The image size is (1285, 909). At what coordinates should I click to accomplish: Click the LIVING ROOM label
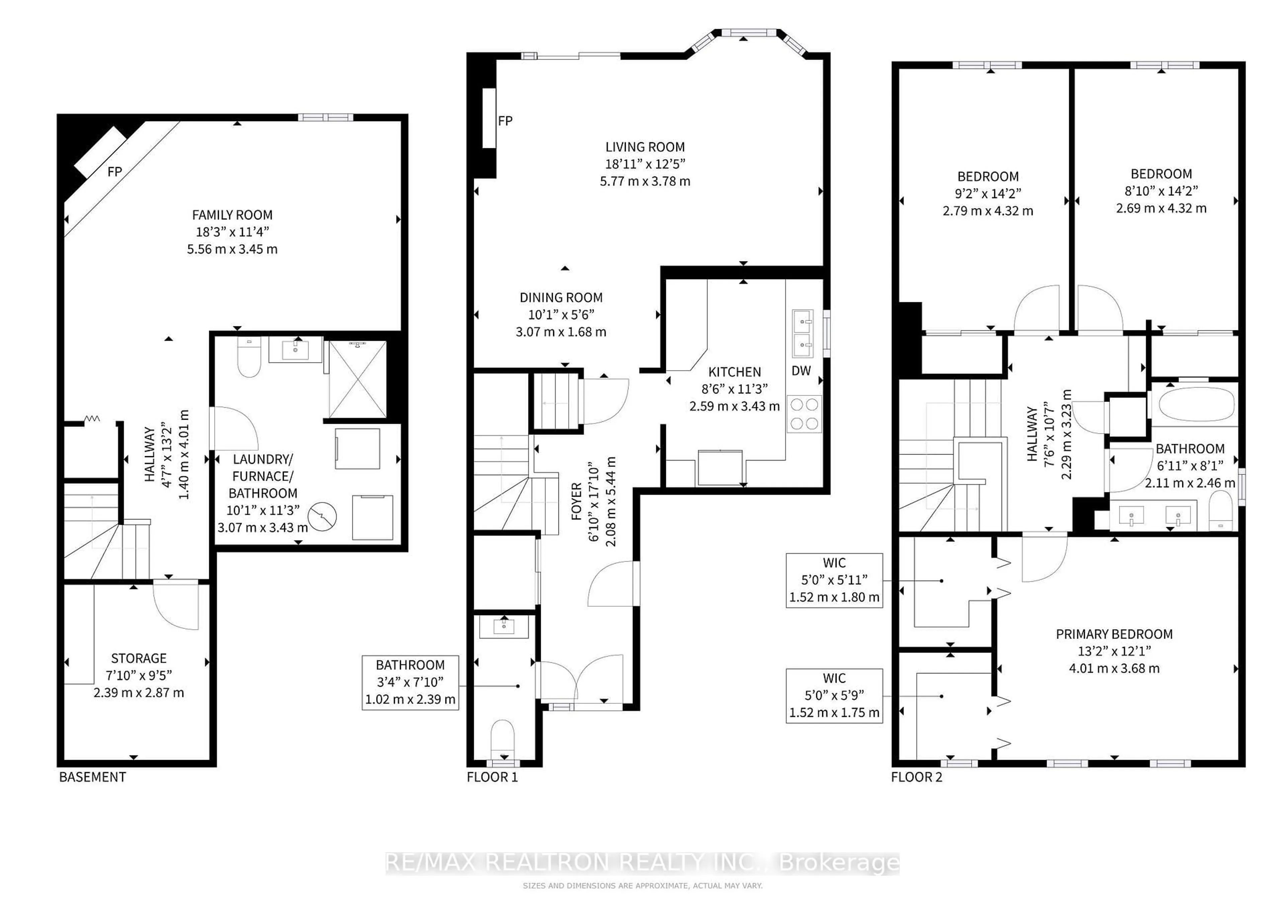(645, 147)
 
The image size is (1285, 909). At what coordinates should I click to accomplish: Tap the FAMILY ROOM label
(232, 215)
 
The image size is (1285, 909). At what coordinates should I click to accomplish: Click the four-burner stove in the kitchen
(804, 414)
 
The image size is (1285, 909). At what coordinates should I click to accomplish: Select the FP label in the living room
(505, 121)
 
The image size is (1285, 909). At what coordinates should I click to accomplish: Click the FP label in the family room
(115, 171)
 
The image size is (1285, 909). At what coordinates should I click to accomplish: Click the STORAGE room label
(139, 658)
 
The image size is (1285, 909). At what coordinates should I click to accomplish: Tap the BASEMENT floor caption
(92, 777)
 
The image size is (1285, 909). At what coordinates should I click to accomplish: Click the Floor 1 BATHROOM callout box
(410, 683)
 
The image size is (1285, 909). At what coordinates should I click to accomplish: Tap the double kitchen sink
(802, 334)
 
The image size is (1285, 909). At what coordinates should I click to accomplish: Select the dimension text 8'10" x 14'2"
(1161, 191)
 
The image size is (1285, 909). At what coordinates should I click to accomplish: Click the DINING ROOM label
(561, 298)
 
